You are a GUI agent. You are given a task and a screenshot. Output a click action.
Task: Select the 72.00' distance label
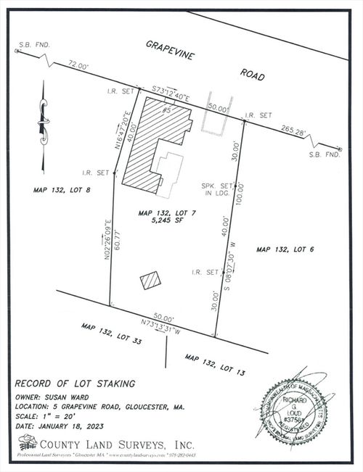pyautogui.click(x=78, y=66)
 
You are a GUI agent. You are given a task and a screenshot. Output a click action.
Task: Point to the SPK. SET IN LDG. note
pyautogui.click(x=216, y=190)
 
